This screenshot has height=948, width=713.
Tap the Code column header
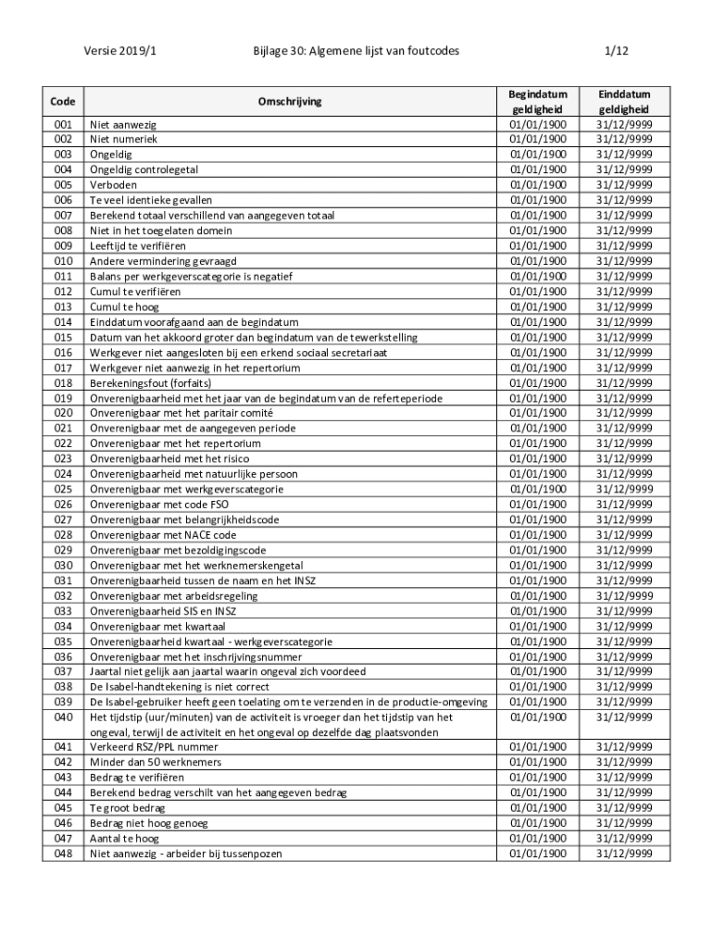[63, 101]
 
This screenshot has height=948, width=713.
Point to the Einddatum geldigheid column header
[623, 101]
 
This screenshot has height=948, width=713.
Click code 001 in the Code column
[63, 123]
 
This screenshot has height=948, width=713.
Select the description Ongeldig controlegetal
[144, 169]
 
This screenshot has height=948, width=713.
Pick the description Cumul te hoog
[123, 306]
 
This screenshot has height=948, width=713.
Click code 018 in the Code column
[63, 382]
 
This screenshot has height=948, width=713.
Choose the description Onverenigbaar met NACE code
[163, 535]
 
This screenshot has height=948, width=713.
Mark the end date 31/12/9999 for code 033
[623, 611]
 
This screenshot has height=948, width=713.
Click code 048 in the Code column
[63, 854]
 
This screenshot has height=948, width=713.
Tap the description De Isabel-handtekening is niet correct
[179, 687]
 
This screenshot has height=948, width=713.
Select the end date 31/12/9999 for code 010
[623, 261]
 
